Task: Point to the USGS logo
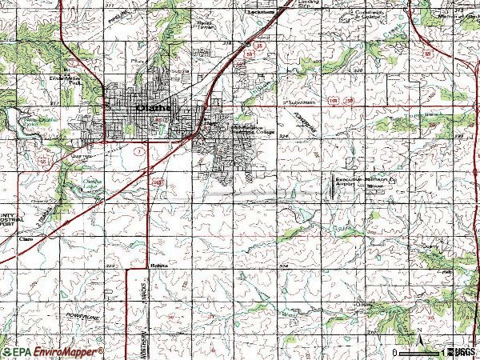point(462,352)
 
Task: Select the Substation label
point(302,103)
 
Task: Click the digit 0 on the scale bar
point(396,352)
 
